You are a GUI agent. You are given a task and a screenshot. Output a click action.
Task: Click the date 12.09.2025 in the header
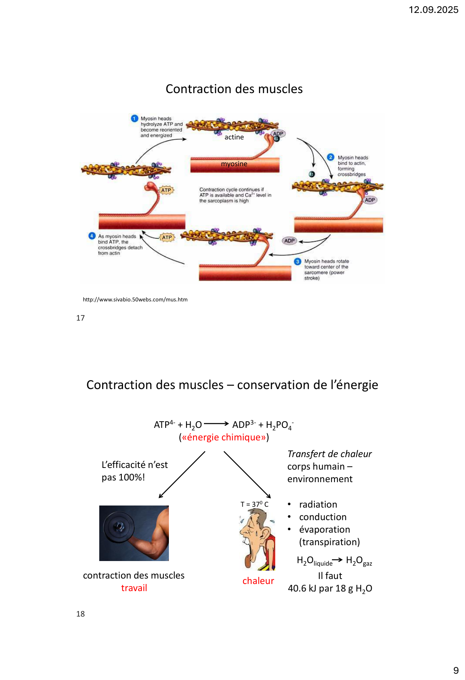coord(433,10)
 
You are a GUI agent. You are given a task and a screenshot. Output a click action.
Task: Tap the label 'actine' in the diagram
coord(234,137)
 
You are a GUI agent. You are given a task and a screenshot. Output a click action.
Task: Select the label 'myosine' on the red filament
coord(234,164)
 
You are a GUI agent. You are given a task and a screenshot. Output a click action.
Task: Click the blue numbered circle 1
coord(134,119)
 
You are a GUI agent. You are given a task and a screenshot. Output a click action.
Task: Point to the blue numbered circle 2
coord(331,157)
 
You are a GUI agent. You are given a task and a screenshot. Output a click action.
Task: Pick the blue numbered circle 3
coord(297,261)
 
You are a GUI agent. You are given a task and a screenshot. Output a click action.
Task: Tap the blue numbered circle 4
coord(92,236)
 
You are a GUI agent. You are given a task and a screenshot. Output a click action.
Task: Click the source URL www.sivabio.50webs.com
coord(135,299)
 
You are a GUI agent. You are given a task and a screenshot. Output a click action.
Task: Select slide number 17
coord(80,318)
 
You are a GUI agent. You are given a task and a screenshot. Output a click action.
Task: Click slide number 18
coord(80,614)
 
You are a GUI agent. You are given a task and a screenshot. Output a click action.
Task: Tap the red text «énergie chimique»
coord(224,437)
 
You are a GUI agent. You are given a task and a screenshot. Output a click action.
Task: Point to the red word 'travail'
coord(134,588)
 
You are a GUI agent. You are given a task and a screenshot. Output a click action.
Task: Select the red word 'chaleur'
coord(258,581)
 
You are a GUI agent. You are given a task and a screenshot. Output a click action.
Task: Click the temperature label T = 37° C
coord(254,504)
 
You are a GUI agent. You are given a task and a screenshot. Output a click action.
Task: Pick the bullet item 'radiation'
coord(318,504)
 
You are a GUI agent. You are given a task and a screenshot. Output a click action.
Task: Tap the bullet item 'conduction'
coord(323,517)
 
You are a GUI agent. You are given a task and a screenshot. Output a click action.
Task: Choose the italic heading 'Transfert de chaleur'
coord(329,454)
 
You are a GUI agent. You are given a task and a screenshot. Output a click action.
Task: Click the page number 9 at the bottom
coord(456,670)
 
